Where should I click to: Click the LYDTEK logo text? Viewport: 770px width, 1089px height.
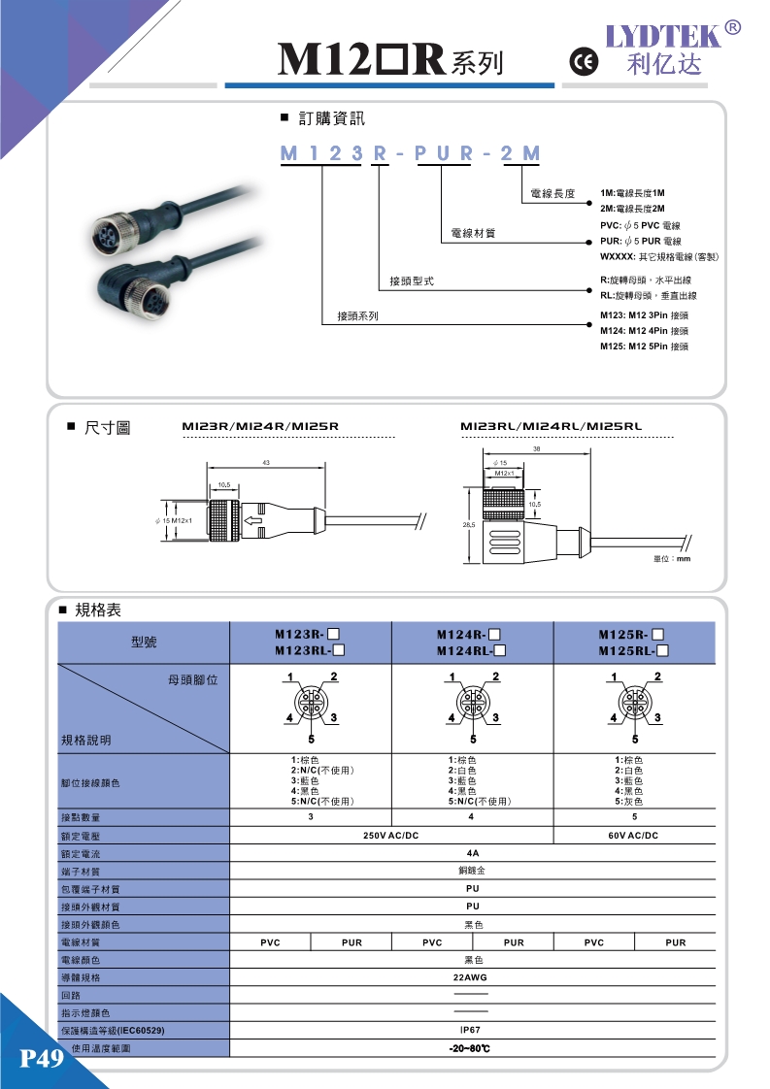pyautogui.click(x=665, y=35)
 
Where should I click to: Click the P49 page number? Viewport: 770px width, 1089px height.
pyautogui.click(x=41, y=1058)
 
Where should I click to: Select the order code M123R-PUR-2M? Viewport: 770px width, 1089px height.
pyautogui.click(x=410, y=153)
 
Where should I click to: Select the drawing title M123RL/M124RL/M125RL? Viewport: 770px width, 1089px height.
pyautogui.click(x=551, y=426)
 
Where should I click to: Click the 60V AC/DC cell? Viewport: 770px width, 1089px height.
pyautogui.click(x=633, y=836)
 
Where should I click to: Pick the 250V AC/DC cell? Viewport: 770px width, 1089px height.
pyautogui.click(x=390, y=836)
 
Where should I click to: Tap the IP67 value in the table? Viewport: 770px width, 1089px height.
pyautogui.click(x=471, y=1030)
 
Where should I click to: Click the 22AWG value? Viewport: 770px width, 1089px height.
pyautogui.click(x=471, y=977)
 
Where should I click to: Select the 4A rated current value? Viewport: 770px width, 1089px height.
pyautogui.click(x=471, y=854)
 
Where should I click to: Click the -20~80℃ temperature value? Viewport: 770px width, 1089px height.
pyautogui.click(x=471, y=1049)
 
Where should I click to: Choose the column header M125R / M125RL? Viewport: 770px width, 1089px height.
pyautogui.click(x=634, y=643)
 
